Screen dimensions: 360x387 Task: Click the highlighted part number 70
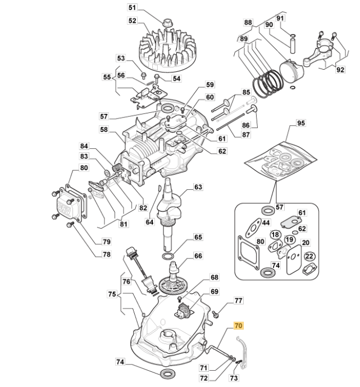pyautogui.click(x=238, y=326)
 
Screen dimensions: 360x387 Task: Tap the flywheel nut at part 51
pyautogui.click(x=167, y=22)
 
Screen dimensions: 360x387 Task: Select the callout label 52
pyautogui.click(x=132, y=20)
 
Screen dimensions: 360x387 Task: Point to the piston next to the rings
pyautogui.click(x=291, y=71)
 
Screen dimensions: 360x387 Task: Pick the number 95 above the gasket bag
pyautogui.click(x=301, y=123)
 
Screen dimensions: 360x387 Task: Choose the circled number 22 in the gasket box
pyautogui.click(x=309, y=256)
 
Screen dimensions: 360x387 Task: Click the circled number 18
pyautogui.click(x=275, y=235)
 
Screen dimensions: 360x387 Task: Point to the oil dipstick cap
pyautogui.click(x=130, y=251)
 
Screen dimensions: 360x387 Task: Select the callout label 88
pyautogui.click(x=248, y=22)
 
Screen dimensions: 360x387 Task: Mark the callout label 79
pyautogui.click(x=106, y=242)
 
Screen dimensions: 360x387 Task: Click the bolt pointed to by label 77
pyautogui.click(x=215, y=315)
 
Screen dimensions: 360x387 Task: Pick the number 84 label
pyautogui.click(x=84, y=146)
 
